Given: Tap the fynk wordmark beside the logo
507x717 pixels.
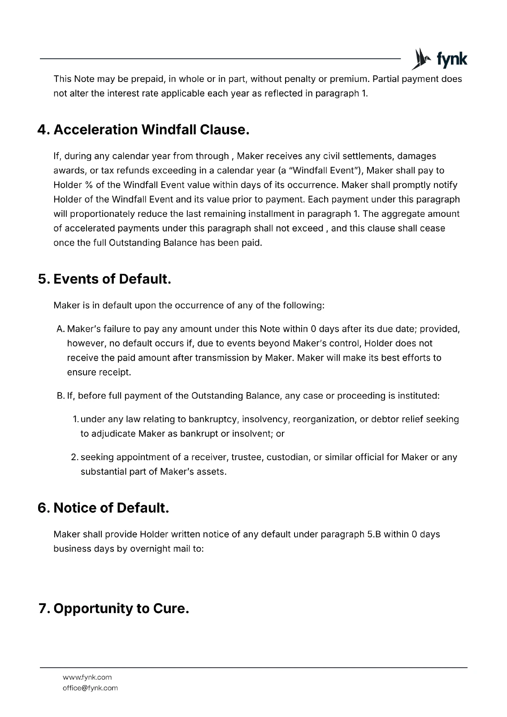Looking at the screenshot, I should pos(451,60).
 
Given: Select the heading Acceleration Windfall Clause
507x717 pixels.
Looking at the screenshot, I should pos(143,130).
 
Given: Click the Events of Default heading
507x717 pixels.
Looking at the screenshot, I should pos(104,279).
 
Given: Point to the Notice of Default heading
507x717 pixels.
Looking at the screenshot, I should pos(104,508).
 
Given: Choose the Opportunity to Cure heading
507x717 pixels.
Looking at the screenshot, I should pos(114,609).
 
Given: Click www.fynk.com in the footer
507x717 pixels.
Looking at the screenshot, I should pos(87,677).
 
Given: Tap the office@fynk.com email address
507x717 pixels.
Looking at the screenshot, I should pos(90,688).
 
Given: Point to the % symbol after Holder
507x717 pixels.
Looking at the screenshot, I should pos(88,185).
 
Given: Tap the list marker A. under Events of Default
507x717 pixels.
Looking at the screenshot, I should pos(61,329).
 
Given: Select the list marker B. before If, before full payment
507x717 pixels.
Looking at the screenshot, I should pos(61,396).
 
